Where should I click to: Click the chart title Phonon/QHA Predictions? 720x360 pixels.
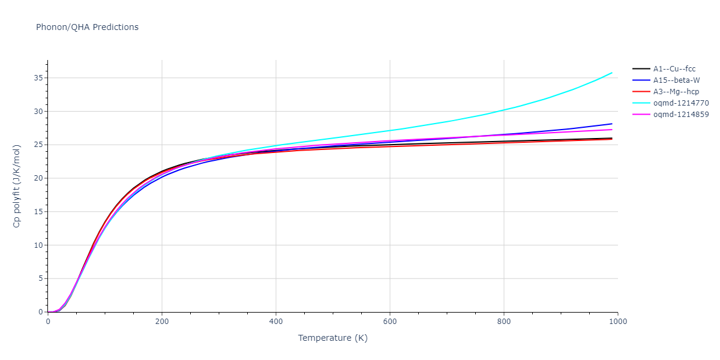coord(87,27)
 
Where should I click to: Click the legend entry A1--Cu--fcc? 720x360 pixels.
coord(674,69)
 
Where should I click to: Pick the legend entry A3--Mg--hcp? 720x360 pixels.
coord(676,92)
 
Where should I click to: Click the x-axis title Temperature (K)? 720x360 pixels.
coord(332,338)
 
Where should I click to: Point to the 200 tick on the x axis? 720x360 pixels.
coord(162,322)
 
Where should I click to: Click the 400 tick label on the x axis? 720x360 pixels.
coord(276,322)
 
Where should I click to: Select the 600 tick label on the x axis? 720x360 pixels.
coord(390,322)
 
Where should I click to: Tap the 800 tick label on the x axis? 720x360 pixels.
coord(504,322)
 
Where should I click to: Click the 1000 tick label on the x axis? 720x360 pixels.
coord(618,322)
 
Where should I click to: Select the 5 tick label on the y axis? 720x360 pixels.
coord(40,279)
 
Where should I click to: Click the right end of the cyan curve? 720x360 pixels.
coord(612,73)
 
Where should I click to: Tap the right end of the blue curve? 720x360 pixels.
coord(612,124)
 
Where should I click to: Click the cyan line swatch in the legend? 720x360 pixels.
coord(641,103)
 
